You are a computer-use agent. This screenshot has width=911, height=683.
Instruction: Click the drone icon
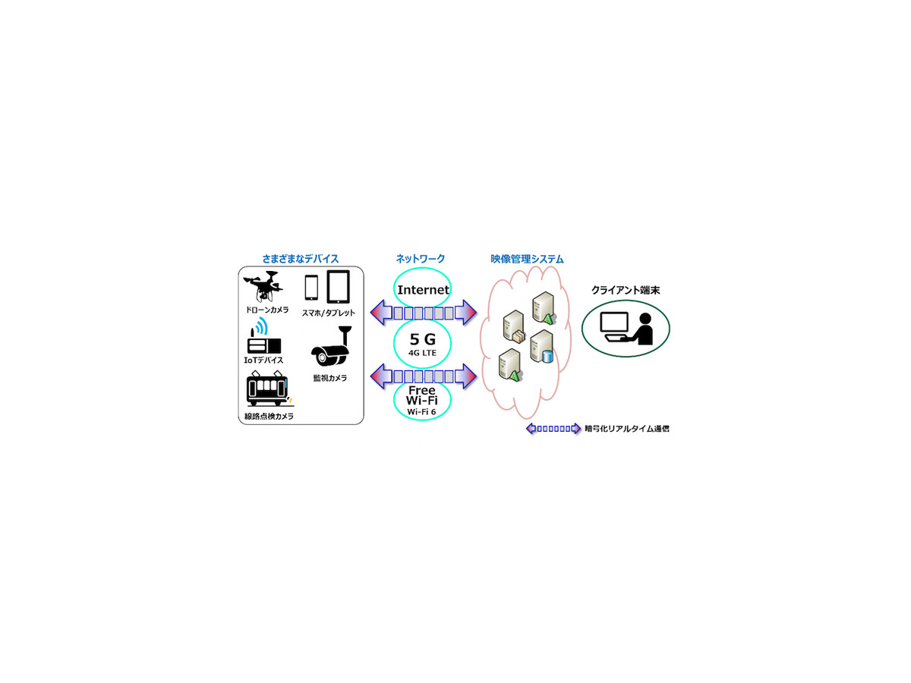pyautogui.click(x=261, y=288)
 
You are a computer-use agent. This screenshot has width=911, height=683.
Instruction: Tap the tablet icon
pyautogui.click(x=339, y=288)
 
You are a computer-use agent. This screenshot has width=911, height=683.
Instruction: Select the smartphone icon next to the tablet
pyautogui.click(x=311, y=288)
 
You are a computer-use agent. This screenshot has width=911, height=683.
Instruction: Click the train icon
pyautogui.click(x=266, y=390)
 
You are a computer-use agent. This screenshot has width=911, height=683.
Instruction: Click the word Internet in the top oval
pyautogui.click(x=424, y=290)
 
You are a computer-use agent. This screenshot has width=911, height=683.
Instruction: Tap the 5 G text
pyautogui.click(x=423, y=339)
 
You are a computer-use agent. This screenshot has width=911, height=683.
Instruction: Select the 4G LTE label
pyautogui.click(x=423, y=354)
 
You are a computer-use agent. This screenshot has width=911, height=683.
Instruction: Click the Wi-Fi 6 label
pyautogui.click(x=423, y=411)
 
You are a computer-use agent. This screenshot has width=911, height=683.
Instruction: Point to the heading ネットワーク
pyautogui.click(x=421, y=259)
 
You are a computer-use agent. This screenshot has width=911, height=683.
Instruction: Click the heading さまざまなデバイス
pyautogui.click(x=301, y=259)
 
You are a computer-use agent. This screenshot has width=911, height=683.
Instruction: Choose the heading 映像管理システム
pyautogui.click(x=527, y=259)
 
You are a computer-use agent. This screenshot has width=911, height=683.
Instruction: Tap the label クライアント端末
pyautogui.click(x=626, y=290)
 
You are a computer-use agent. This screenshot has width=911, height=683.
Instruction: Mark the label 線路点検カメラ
pyautogui.click(x=269, y=417)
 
